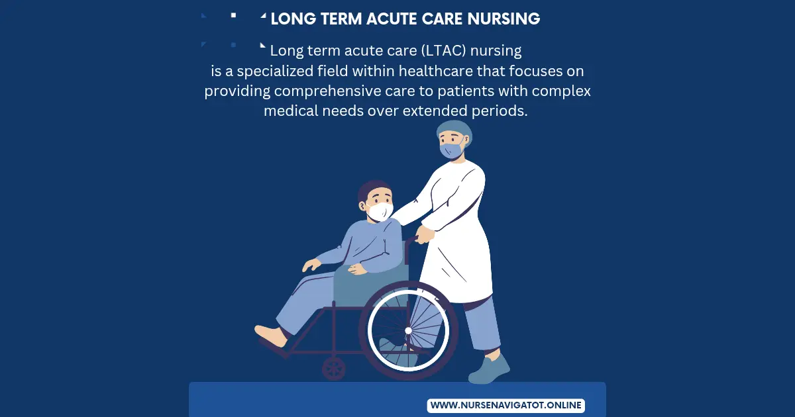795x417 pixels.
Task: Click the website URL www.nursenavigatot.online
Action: click(505, 405)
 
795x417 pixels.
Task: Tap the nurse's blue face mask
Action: click(450, 150)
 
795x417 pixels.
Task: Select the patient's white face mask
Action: click(380, 211)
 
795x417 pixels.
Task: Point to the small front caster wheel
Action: click(333, 368)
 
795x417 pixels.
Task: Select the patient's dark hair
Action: click(373, 189)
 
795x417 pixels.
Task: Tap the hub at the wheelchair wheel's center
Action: click(408, 330)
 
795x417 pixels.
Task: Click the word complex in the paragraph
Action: click(562, 91)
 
